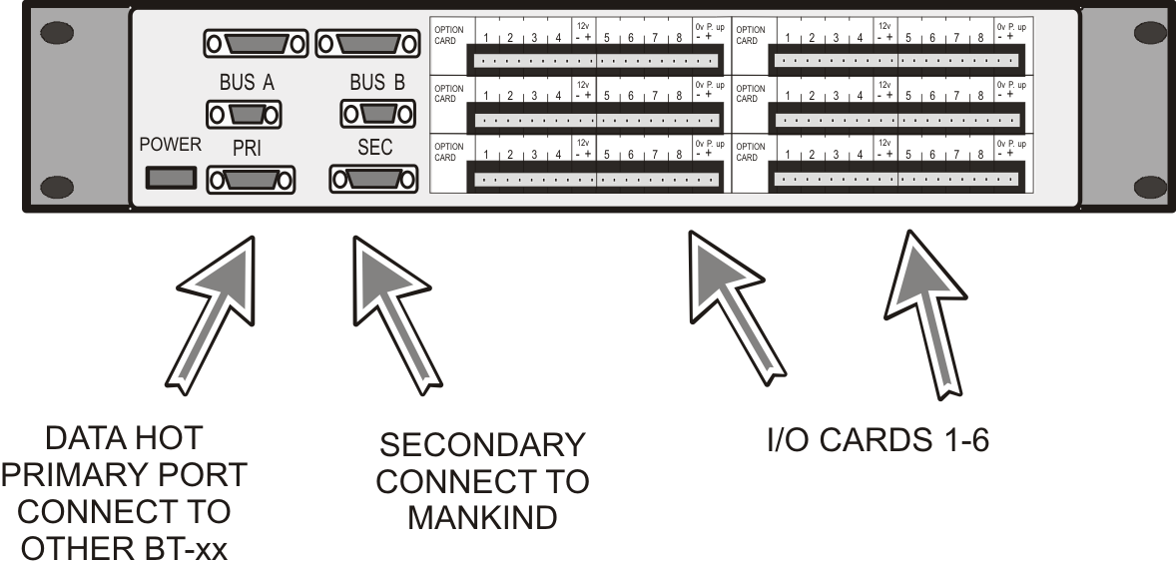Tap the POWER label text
point(171,145)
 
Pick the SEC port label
point(374,148)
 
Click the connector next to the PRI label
point(250,180)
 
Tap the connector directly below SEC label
point(370,180)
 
